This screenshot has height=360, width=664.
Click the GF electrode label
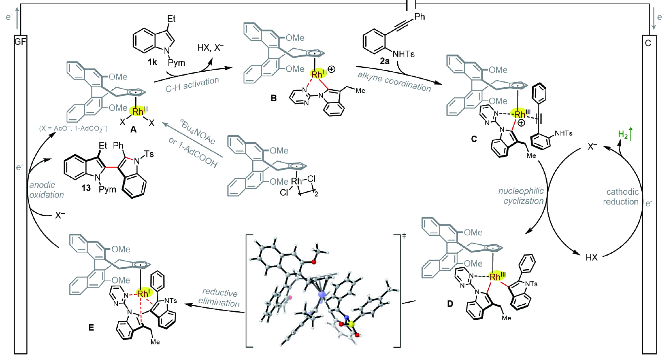pos(20,41)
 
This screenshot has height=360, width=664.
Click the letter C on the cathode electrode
pos(648,43)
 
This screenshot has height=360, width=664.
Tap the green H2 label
pos(623,135)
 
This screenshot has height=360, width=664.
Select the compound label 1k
pos(152,62)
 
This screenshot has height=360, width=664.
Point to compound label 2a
pos(384,61)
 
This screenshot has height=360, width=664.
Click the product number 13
pos(86,188)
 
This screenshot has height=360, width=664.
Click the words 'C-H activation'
pos(192,85)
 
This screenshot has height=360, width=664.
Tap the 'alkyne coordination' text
pos(394,81)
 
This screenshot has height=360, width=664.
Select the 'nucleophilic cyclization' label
pos(521,196)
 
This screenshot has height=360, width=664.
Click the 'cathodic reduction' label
pos(622,197)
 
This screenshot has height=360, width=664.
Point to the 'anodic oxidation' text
pos(46,190)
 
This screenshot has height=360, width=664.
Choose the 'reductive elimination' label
pos(219,297)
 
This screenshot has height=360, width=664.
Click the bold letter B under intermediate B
pos(274,98)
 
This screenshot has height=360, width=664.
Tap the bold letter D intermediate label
pos(450,304)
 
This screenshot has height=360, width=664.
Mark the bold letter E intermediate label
pos(91,327)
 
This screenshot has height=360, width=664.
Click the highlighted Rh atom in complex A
pos(138,111)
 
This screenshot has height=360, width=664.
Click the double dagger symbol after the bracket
pos(404,236)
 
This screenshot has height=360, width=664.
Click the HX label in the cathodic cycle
pos(591,257)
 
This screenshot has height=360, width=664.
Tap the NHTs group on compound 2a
pos(403,54)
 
